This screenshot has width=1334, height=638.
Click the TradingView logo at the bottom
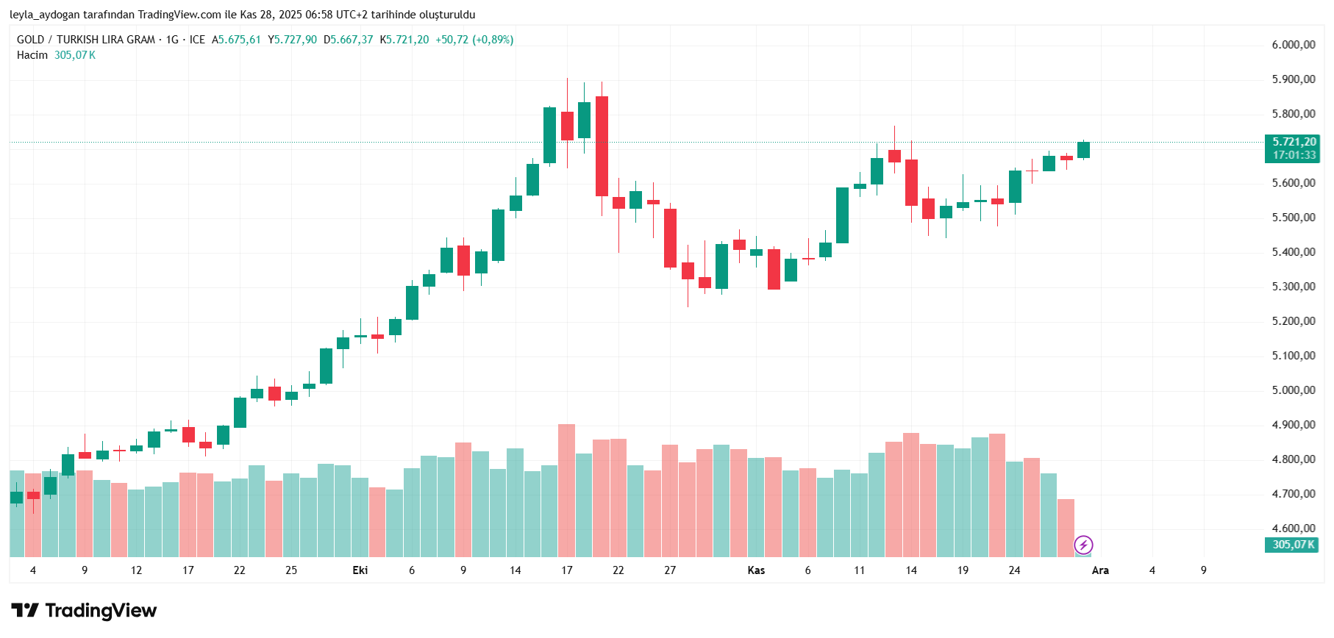click(84, 611)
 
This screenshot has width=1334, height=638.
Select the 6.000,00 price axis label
click(1294, 45)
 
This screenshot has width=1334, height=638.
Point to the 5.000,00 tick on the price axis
click(1294, 390)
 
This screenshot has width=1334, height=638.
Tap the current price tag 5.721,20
click(1294, 142)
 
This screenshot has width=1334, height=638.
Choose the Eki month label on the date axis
click(360, 570)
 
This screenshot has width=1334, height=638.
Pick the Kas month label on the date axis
click(756, 570)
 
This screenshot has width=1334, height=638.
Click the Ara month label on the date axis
click(1100, 570)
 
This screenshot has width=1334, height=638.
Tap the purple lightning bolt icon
click(1083, 545)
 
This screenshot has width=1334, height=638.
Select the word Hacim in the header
click(32, 55)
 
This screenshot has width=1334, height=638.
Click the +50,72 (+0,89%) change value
click(474, 40)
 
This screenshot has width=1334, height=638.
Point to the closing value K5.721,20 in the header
click(404, 40)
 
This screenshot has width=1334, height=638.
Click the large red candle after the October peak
click(602, 146)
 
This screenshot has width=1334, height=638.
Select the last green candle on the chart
click(1083, 150)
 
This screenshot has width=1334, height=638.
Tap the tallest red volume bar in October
click(566, 490)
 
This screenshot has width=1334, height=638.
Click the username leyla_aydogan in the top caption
click(45, 15)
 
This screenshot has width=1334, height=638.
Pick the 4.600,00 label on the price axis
click(1294, 528)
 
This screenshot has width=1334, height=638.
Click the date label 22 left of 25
click(240, 570)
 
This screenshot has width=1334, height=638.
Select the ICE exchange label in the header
click(197, 40)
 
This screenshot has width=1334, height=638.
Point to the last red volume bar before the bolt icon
click(1066, 527)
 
